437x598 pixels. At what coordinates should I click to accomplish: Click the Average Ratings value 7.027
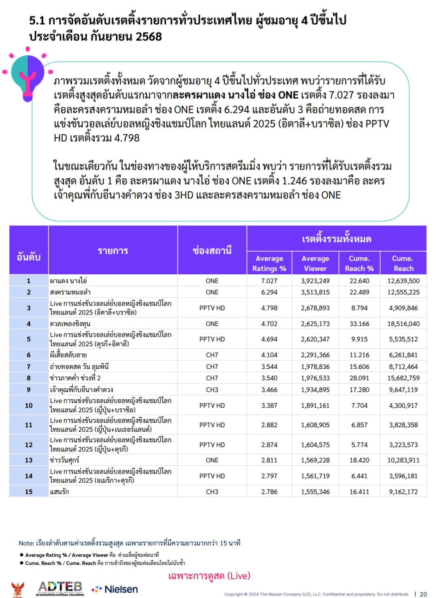[269, 281]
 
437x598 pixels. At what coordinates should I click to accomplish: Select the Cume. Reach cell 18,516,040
[403, 324]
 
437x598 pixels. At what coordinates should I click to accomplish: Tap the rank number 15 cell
[29, 492]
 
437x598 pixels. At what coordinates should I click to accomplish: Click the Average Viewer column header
[315, 263]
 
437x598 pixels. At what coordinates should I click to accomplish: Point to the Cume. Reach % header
[359, 263]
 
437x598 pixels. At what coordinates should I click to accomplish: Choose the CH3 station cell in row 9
[212, 390]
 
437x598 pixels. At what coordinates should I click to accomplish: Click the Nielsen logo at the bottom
[115, 589]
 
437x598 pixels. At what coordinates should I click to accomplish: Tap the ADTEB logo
[60, 588]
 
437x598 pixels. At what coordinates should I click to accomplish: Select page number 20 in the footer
[423, 594]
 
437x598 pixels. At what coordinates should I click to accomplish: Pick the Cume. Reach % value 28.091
[359, 378]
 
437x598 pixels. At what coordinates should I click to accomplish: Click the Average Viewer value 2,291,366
[315, 355]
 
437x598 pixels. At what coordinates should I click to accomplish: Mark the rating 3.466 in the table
[269, 390]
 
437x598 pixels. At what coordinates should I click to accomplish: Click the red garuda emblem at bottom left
[17, 589]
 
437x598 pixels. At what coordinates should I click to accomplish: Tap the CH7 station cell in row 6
[212, 355]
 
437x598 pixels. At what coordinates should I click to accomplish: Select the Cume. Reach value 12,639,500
[403, 281]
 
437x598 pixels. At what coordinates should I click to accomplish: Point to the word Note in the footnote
[26, 543]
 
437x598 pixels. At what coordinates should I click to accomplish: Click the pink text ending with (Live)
[209, 576]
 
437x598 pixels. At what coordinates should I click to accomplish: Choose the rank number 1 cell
[29, 281]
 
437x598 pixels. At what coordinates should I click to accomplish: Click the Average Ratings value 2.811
[269, 460]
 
